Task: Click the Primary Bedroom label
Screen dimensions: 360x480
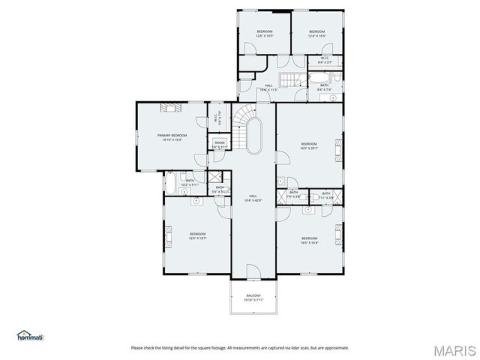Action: (x=172, y=136)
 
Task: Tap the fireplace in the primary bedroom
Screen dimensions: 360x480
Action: (x=166, y=108)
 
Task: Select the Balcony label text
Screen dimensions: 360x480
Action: (x=254, y=297)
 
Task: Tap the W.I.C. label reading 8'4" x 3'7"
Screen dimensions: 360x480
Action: (x=325, y=60)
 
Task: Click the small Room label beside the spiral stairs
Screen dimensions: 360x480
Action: (x=219, y=145)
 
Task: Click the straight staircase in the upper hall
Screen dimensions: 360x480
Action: (x=289, y=79)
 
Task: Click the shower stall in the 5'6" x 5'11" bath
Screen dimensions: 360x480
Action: (x=217, y=178)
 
